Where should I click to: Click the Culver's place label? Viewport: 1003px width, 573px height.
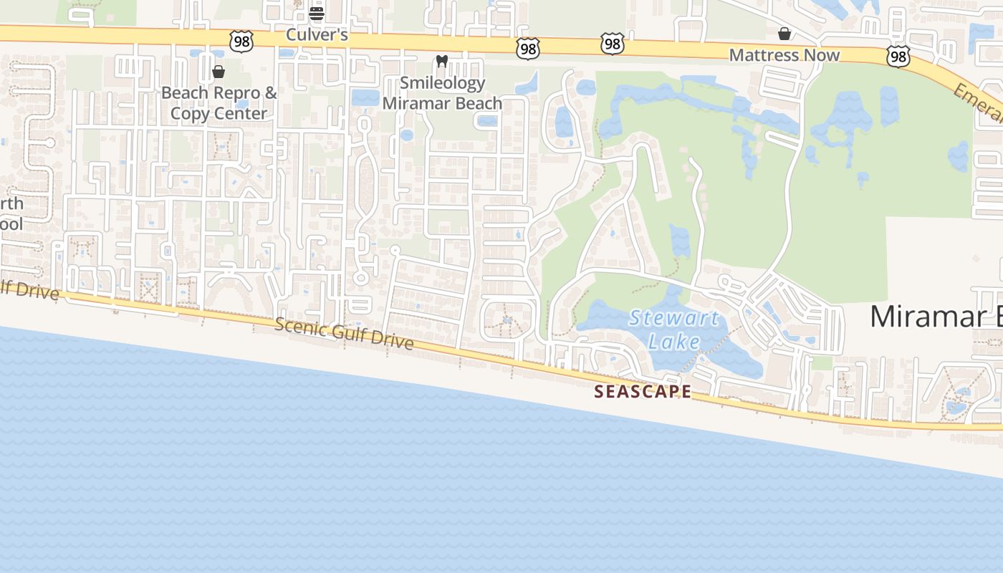coord(317,34)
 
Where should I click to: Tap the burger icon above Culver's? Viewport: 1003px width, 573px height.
coord(317,13)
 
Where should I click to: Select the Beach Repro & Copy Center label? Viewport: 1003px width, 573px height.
coord(219,102)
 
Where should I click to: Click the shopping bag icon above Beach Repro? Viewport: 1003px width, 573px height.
coord(219,72)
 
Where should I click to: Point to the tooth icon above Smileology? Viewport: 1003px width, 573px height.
coord(442,62)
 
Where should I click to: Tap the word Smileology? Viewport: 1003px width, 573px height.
coord(442,83)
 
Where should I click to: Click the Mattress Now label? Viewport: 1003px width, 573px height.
coord(784,55)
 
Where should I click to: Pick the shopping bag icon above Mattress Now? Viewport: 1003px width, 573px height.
coord(784,34)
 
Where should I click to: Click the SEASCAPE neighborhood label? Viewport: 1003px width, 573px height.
coord(643,392)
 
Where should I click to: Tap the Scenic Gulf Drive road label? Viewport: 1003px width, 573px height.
coord(344,334)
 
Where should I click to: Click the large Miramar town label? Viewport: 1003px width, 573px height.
coord(935,317)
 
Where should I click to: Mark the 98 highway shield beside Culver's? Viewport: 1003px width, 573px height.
coord(241,42)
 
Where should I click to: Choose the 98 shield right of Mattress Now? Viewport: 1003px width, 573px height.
coord(898,56)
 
